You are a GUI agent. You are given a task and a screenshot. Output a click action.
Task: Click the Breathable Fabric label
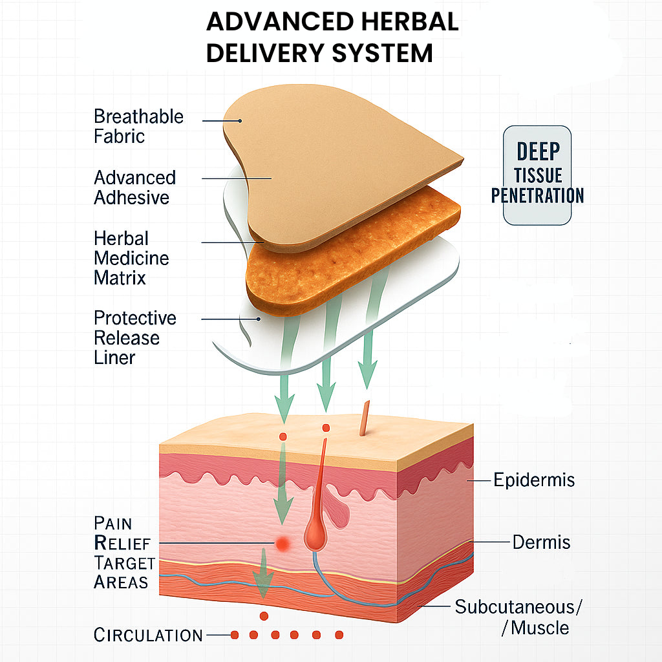(138, 126)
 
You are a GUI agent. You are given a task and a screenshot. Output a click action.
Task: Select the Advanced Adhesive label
(134, 187)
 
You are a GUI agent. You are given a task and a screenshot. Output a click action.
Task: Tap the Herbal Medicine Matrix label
(131, 258)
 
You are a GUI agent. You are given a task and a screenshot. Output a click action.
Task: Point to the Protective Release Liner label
(134, 337)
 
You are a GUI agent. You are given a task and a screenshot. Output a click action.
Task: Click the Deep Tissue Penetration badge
(537, 175)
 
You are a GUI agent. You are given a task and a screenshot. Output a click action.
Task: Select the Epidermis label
(534, 480)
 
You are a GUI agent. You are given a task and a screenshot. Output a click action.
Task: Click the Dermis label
(541, 542)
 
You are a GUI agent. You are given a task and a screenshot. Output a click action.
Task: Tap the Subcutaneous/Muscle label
(518, 617)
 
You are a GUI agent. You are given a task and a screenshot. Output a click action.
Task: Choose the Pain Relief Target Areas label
(125, 552)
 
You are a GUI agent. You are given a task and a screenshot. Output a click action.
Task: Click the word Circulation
(148, 635)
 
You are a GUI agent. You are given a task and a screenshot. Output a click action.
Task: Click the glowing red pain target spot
(282, 544)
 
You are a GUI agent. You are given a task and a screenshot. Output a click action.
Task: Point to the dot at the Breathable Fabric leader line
(239, 120)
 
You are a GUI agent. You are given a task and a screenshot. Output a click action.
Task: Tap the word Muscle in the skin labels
(540, 627)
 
